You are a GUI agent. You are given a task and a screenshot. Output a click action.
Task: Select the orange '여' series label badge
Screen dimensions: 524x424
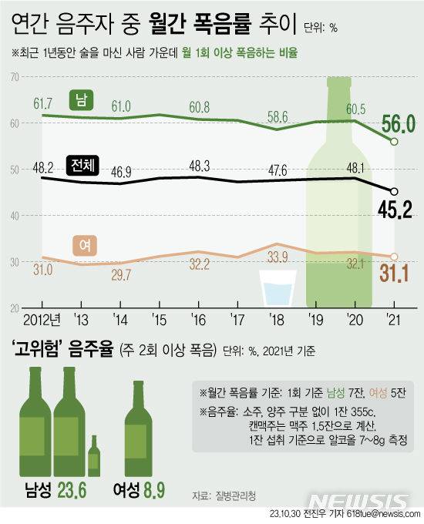(x=82, y=245)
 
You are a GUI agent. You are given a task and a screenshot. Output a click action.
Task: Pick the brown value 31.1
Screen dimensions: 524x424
(x=397, y=270)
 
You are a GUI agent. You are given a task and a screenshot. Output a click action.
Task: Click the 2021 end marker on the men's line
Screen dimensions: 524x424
(x=394, y=142)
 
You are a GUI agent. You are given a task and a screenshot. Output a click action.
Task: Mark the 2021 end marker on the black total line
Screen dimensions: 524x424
(x=394, y=191)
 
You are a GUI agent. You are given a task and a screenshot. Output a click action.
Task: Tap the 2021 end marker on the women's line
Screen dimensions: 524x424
(x=394, y=257)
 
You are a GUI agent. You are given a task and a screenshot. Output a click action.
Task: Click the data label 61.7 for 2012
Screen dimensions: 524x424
(x=42, y=102)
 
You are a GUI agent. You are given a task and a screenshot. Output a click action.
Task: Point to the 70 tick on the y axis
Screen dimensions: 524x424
(x=15, y=77)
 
